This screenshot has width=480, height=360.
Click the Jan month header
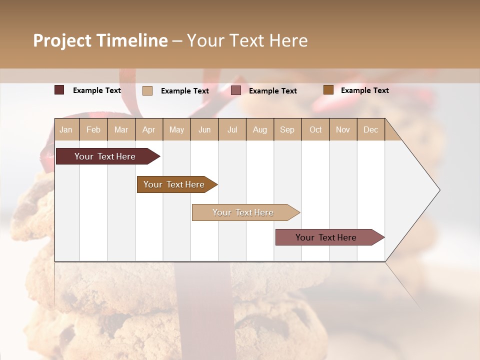pos(66,129)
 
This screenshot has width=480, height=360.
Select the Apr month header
pos(148,129)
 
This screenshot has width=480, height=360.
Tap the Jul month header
pos(232,129)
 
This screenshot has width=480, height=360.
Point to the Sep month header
pos(287,129)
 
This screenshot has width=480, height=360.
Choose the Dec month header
pos(370,129)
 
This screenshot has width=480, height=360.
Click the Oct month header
pos(315,129)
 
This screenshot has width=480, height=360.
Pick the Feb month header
pos(93,129)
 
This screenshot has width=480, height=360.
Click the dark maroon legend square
pos(59,90)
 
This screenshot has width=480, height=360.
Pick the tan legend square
pos(147,90)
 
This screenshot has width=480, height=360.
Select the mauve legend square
pos(236,90)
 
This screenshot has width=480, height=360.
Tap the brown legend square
pos(328,90)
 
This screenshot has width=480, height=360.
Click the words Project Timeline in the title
pos(100,40)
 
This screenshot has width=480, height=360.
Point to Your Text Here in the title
pos(247,40)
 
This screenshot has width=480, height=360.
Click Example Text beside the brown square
pos(364,90)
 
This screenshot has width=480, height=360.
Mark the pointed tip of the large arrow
pos(439,190)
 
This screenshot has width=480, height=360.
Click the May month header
pos(176,129)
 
